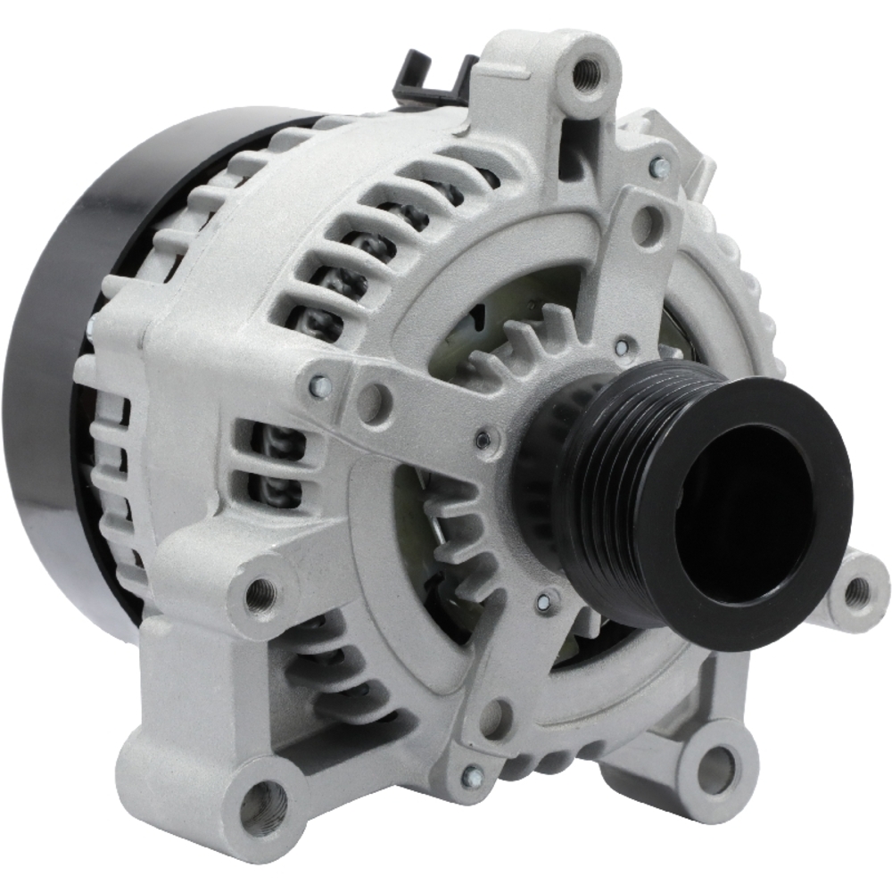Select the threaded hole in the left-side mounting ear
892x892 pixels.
click(260, 591)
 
